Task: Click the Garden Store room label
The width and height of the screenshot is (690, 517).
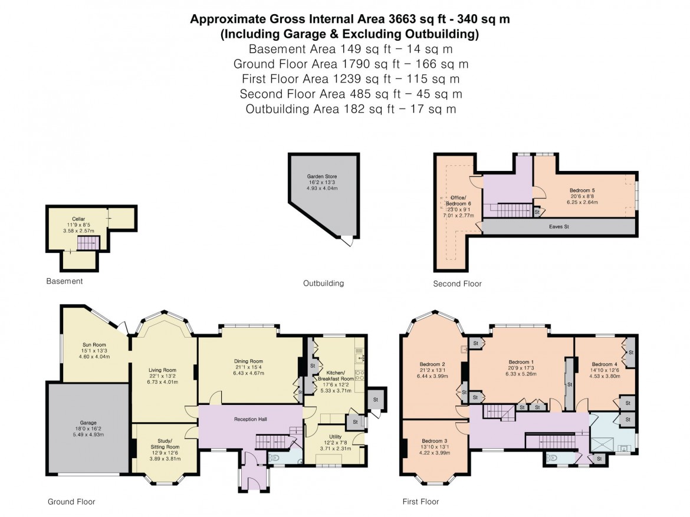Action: pyautogui.click(x=322, y=176)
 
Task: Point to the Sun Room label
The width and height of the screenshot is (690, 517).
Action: pyautogui.click(x=94, y=345)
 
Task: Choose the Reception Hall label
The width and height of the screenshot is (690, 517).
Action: pyautogui.click(x=251, y=419)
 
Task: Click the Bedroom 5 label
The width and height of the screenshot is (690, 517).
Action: pyautogui.click(x=582, y=191)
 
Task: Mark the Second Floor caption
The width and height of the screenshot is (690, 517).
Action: pyautogui.click(x=457, y=284)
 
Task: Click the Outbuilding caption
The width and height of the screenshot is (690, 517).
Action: pyautogui.click(x=323, y=283)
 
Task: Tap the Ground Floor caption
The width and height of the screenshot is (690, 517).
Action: pyautogui.click(x=71, y=502)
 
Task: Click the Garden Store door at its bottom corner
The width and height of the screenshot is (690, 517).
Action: pyautogui.click(x=350, y=241)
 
